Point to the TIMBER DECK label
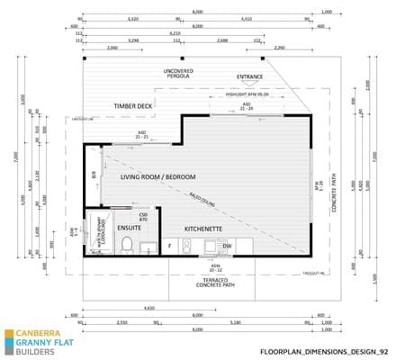tap(133, 105)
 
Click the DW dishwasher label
tap(227, 245)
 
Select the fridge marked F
tap(169, 245)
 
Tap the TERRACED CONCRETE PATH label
tap(213, 283)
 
